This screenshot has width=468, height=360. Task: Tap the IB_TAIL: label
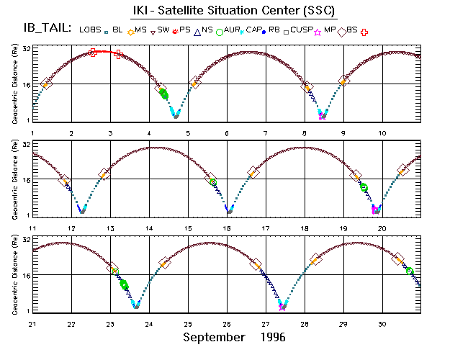[47, 28]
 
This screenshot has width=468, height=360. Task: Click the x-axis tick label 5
[188, 133]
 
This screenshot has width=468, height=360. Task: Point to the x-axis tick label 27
[266, 324]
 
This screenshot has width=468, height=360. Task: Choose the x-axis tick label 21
[32, 324]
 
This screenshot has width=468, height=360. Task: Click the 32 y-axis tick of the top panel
[25, 48]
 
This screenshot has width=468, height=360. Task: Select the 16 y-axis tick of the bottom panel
[25, 276]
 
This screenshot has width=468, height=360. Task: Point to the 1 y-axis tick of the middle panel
[27, 215]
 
